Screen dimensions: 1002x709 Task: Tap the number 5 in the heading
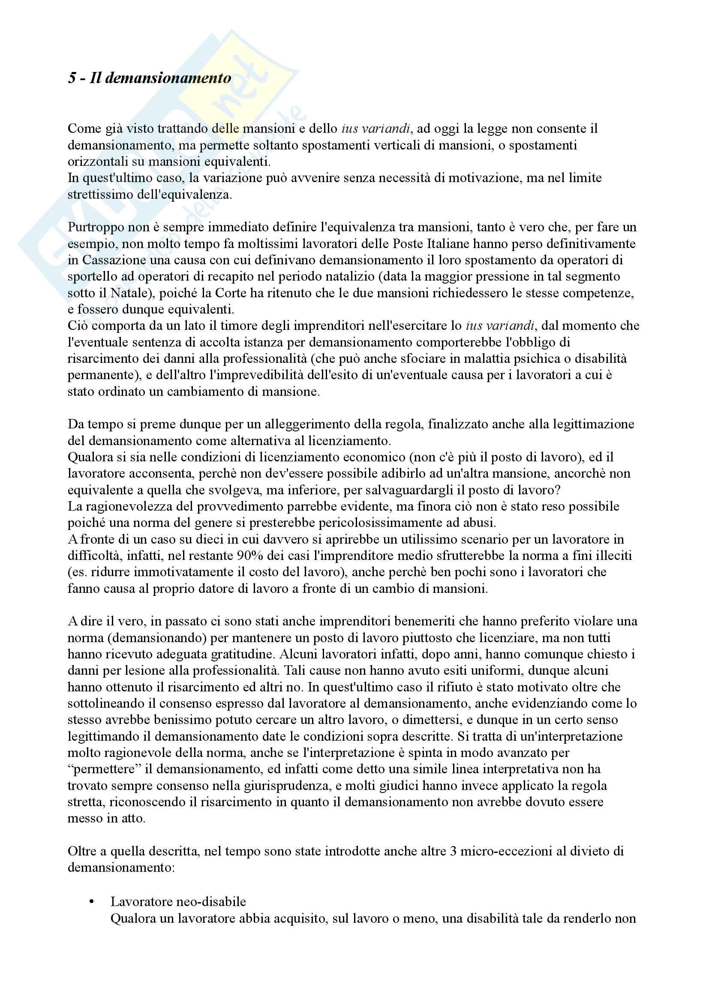(x=72, y=78)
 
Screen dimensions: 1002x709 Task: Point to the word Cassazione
(x=111, y=260)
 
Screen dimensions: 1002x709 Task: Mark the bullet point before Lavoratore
(x=91, y=902)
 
